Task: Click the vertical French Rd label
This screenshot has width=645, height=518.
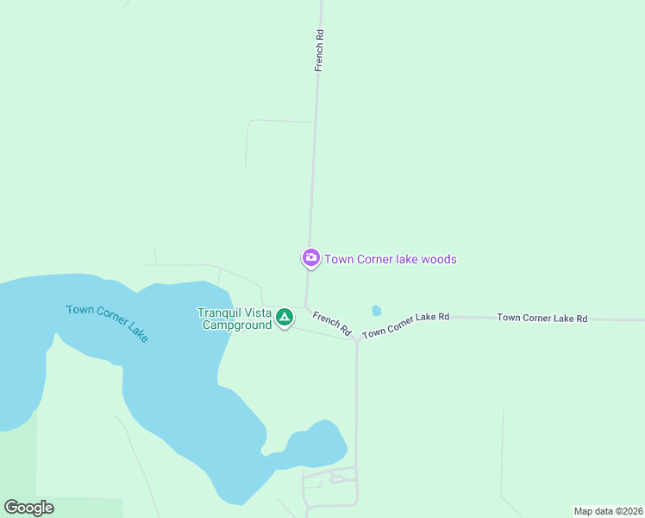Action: pos(319,50)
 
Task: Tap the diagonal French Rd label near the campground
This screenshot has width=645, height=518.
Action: pos(332,324)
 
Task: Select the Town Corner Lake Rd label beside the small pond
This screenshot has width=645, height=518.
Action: pos(406,325)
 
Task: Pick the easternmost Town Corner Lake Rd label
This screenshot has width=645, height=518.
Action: pos(542,319)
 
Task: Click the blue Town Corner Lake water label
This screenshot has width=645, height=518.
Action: pos(108,323)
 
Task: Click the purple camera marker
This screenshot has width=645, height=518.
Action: pos(310,257)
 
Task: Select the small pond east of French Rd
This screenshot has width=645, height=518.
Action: pos(376,311)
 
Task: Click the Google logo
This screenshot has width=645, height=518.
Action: pos(28,508)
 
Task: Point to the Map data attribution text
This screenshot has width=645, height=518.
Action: pos(607,511)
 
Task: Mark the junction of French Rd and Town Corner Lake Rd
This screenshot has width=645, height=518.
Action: pos(356,339)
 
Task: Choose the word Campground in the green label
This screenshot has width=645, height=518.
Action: pos(236,325)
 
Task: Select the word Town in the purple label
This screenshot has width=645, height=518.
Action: pos(339,259)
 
